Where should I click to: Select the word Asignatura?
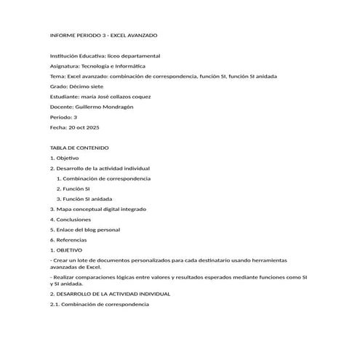(x=65, y=66)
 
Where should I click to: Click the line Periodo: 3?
(x=63, y=117)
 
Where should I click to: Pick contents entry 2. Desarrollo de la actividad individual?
(x=100, y=168)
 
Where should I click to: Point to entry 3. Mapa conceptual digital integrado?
(x=97, y=209)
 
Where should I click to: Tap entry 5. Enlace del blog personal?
(x=84, y=229)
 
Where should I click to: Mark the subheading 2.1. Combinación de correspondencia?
(x=99, y=304)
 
